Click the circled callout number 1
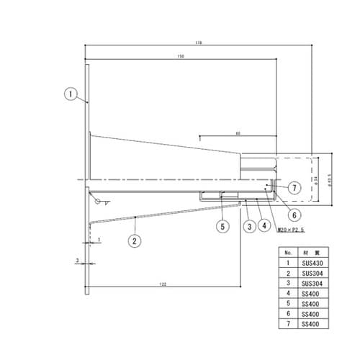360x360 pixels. click(70, 93)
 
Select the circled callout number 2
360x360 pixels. click(133, 241)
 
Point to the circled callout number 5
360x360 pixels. click(223, 226)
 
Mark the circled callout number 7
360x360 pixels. click(293, 187)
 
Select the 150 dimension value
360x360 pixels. click(180, 55)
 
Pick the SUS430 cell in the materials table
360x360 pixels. click(310, 264)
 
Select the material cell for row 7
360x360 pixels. click(310, 325)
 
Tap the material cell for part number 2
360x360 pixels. click(310, 274)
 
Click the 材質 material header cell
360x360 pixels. click(310, 254)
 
